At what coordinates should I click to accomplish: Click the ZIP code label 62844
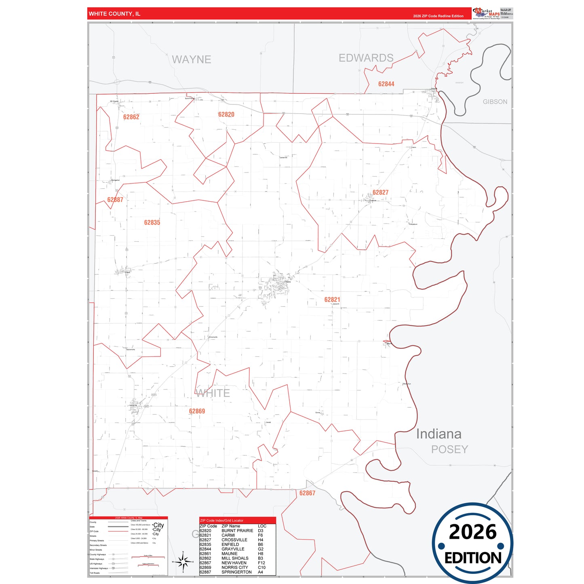[386, 84]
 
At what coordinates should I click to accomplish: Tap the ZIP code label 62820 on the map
[226, 114]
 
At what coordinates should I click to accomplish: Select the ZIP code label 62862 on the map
[131, 117]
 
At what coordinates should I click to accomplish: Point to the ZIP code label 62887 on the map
[115, 200]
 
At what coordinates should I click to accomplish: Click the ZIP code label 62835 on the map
[152, 222]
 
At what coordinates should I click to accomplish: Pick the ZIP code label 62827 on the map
[380, 192]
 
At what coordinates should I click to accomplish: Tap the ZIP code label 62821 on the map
[332, 299]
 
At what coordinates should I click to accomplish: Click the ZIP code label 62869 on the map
[197, 411]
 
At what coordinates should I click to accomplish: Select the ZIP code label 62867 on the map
[307, 493]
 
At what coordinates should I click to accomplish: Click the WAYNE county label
[191, 59]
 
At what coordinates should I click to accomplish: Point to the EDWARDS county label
[366, 58]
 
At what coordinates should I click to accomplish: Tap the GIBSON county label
[495, 102]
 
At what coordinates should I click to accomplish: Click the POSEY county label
[449, 449]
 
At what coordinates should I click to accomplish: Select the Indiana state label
[439, 434]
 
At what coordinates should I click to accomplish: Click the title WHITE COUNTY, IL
[114, 14]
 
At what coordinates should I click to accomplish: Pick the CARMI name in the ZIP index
[228, 535]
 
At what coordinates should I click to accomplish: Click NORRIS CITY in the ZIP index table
[234, 567]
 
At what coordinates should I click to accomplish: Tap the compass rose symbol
[183, 561]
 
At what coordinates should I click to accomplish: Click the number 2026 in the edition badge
[472, 532]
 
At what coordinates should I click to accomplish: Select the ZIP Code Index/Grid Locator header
[221, 521]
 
